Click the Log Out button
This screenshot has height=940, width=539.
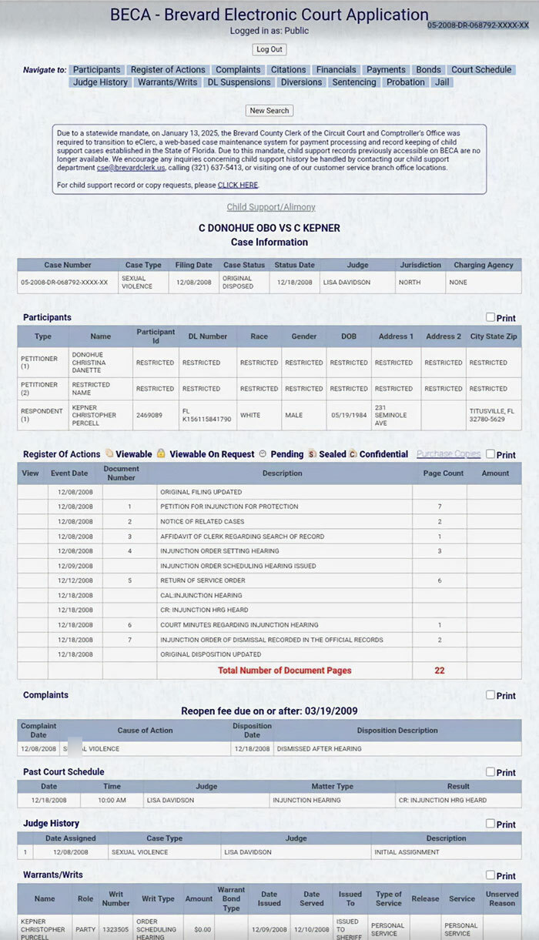(269, 49)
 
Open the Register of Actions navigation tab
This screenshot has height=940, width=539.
(168, 70)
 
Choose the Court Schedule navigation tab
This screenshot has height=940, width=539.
(481, 70)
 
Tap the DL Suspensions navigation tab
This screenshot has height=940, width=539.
(239, 82)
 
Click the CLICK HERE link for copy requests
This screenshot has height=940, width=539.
(238, 186)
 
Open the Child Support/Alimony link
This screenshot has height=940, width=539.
(271, 207)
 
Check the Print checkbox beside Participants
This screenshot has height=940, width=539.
(490, 317)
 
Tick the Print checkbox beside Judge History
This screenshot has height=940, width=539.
(490, 823)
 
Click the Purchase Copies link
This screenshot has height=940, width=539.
(448, 454)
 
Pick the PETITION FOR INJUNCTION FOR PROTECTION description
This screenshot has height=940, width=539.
(229, 507)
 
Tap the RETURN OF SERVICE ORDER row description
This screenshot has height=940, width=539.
(203, 580)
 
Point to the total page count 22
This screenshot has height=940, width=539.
(440, 671)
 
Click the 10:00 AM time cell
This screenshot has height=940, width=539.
(112, 800)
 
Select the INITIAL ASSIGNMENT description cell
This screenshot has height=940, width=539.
(406, 852)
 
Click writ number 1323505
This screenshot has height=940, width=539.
(116, 929)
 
